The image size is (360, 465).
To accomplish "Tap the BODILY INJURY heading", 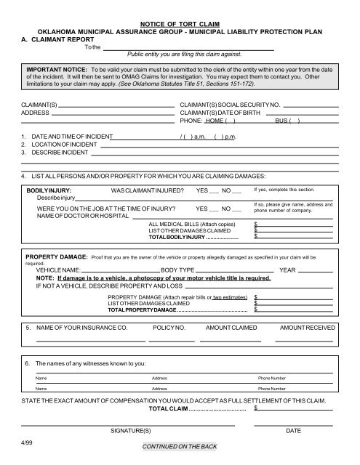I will (48, 190).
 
